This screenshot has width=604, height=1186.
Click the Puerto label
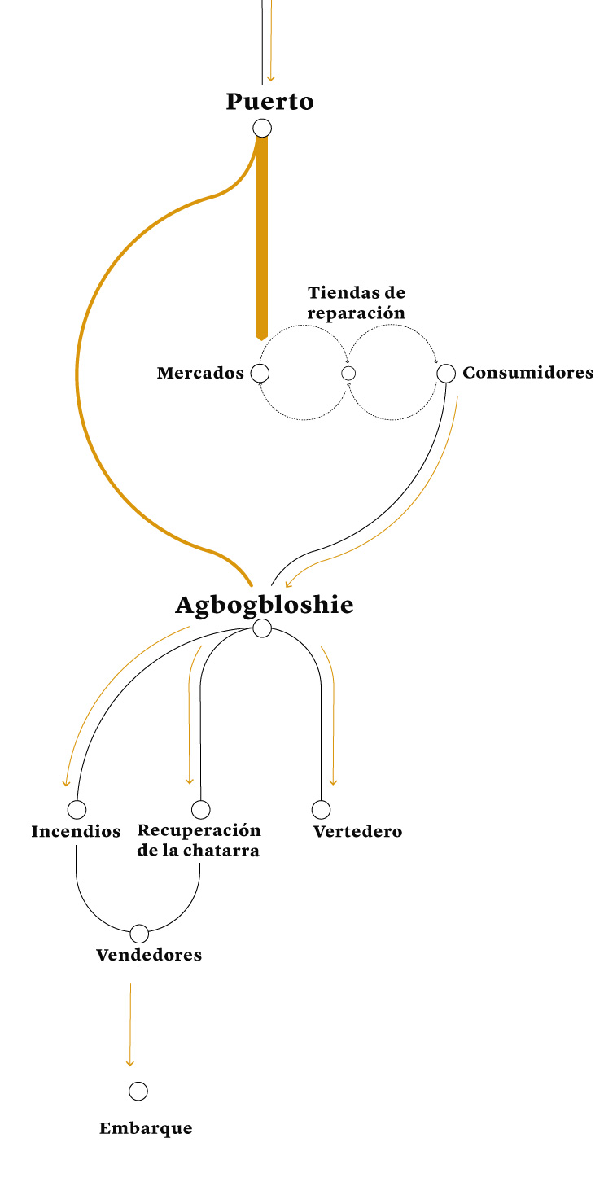tap(270, 102)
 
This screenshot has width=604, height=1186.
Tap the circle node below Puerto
tap(262, 128)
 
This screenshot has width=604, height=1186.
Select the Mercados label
tap(200, 373)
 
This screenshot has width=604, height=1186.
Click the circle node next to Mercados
tap(260, 374)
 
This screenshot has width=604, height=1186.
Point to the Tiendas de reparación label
tap(357, 302)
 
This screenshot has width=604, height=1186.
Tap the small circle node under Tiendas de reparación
tap(348, 374)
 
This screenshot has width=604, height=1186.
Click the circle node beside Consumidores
tap(446, 374)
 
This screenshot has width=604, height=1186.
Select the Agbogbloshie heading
tap(265, 605)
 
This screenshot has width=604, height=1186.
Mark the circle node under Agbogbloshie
tap(262, 628)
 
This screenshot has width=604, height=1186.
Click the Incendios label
tap(76, 831)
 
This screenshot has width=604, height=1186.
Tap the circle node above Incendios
tap(77, 810)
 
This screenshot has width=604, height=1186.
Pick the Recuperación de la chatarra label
tap(199, 840)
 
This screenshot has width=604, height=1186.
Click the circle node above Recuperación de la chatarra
tap(200, 810)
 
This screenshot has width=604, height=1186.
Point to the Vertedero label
tap(357, 831)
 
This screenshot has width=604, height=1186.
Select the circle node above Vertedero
tap(322, 810)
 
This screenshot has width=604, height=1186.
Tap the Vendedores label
tap(149, 955)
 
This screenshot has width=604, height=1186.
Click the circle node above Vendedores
tap(139, 934)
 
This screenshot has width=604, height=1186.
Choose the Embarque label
tap(146, 1128)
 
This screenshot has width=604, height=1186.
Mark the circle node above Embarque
tap(138, 1092)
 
